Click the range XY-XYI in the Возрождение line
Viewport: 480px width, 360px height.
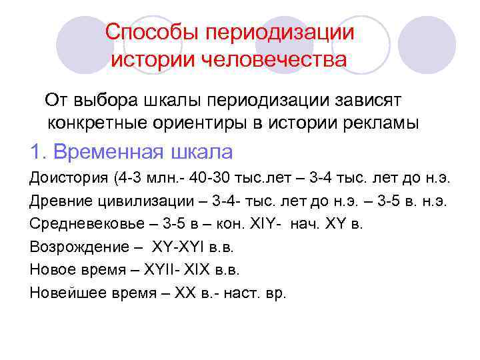point(179,247)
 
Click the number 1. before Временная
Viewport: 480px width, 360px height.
point(38,152)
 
